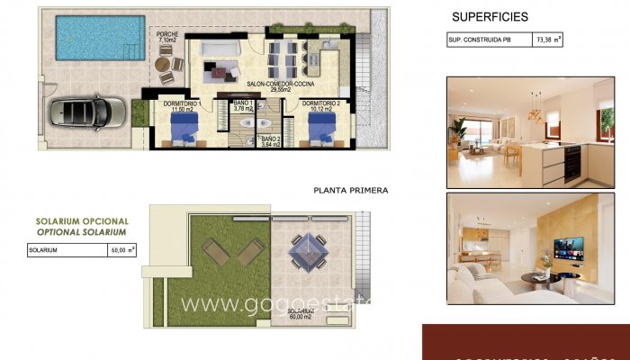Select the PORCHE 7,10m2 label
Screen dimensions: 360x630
tap(167, 38)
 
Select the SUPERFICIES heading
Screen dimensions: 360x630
tap(490, 16)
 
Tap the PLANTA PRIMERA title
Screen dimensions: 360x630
tap(351, 190)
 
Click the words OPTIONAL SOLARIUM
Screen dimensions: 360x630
tap(82, 231)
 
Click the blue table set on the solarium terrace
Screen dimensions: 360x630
tap(309, 249)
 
